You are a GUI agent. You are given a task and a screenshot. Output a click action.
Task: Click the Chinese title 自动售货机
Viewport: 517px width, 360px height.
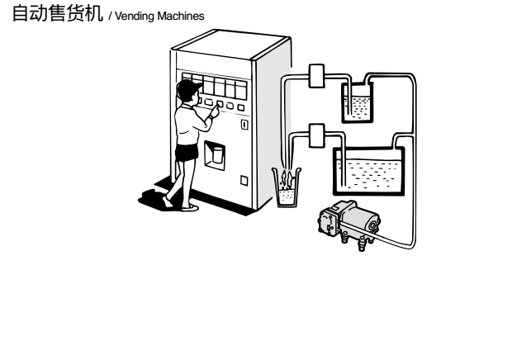tap(58, 13)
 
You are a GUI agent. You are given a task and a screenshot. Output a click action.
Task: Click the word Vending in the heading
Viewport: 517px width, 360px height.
tap(135, 17)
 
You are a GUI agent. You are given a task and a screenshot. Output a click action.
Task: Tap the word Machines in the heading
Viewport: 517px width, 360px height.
tap(181, 16)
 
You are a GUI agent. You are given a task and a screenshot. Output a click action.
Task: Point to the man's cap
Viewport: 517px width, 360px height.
tap(188, 86)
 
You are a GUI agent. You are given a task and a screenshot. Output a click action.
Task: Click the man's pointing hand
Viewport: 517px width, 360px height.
tap(216, 111)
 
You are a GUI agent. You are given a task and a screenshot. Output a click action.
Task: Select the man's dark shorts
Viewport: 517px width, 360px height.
tap(187, 153)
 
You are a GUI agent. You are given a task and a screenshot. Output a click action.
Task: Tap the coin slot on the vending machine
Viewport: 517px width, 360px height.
tap(244, 125)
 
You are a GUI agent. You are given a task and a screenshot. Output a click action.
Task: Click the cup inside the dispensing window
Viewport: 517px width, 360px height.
tap(217, 155)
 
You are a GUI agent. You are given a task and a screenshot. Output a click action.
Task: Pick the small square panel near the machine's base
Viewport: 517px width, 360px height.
tap(244, 180)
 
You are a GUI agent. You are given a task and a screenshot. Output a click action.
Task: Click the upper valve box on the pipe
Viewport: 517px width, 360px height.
tap(316, 76)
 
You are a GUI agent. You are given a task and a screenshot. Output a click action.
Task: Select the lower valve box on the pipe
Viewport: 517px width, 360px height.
tap(316, 135)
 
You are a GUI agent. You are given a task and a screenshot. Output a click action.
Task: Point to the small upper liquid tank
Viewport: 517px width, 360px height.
tap(358, 102)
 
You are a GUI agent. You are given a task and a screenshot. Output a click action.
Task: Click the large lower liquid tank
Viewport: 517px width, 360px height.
tap(368, 172)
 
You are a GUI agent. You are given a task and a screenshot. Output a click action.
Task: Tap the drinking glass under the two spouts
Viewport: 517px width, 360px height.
tap(287, 187)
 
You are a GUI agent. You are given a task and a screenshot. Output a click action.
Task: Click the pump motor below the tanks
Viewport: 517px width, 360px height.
tap(349, 223)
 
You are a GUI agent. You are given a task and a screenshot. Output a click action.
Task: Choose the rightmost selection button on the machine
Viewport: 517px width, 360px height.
tap(241, 107)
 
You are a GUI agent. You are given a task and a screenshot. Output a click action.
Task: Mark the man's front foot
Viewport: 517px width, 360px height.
tap(190, 208)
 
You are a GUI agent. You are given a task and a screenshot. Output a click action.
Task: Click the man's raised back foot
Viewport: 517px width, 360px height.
tap(167, 201)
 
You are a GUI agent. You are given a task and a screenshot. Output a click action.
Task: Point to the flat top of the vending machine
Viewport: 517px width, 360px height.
tap(230, 45)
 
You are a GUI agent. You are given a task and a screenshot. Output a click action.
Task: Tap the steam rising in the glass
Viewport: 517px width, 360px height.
tap(286, 179)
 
